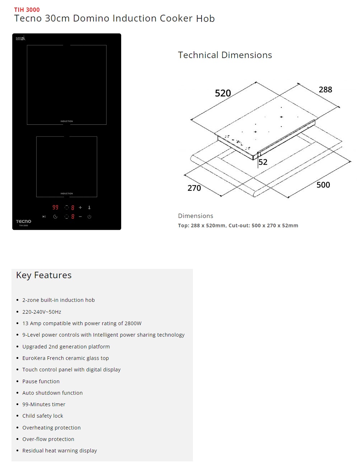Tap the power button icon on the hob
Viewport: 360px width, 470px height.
[x=89, y=217]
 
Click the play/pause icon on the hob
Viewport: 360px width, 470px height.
[x=44, y=217]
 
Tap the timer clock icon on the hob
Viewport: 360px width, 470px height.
[x=55, y=217]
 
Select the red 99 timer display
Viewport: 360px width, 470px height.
[x=55, y=207]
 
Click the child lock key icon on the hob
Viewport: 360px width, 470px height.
[x=89, y=208]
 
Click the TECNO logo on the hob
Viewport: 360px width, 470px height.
[x=24, y=222]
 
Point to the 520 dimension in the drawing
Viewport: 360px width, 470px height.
[x=223, y=93]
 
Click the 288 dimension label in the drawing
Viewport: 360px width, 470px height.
[x=325, y=90]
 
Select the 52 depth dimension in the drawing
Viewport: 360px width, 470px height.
[x=263, y=162]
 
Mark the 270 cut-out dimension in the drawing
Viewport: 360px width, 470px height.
[x=194, y=188]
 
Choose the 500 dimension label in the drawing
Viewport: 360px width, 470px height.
[x=323, y=185]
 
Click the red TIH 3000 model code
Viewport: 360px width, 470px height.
[x=27, y=10]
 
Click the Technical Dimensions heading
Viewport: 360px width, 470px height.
[x=225, y=55]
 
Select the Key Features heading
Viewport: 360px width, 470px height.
[x=44, y=275]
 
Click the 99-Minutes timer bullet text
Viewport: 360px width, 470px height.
[x=44, y=404]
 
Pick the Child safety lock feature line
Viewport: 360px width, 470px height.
[x=43, y=416]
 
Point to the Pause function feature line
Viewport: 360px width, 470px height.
[x=41, y=381]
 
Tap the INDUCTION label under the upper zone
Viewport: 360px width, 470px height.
[x=67, y=121]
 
